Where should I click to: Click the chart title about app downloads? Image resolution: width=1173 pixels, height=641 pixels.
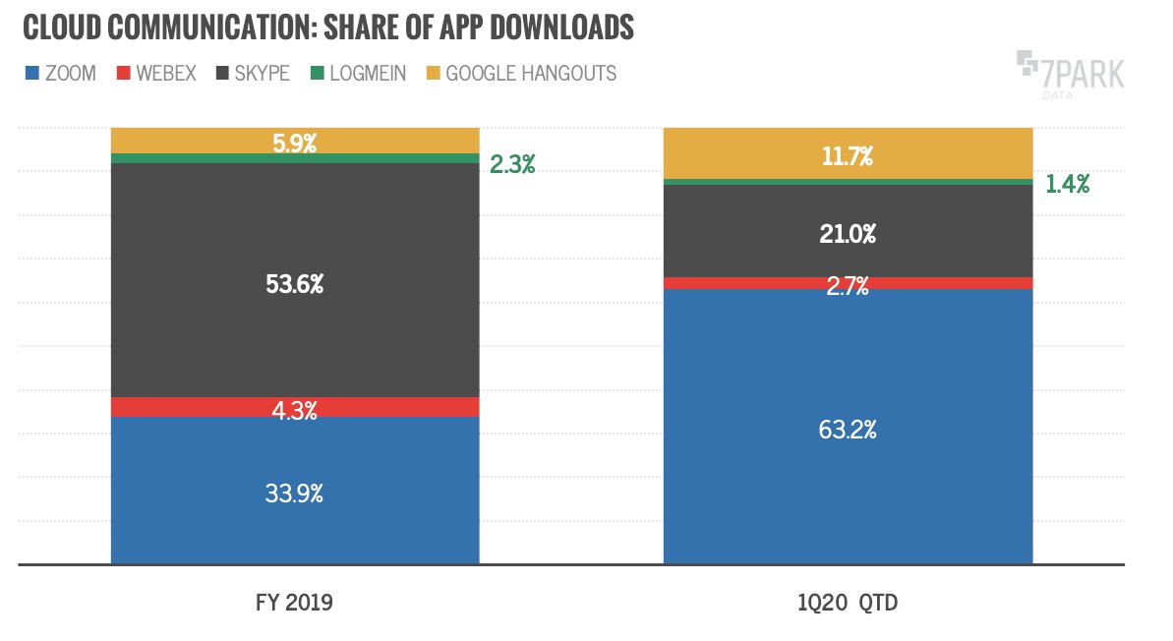pyautogui.click(x=328, y=29)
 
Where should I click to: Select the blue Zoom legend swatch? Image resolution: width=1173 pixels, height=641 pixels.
pyautogui.click(x=31, y=74)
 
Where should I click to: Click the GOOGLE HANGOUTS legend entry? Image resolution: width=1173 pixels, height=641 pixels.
pyautogui.click(x=531, y=74)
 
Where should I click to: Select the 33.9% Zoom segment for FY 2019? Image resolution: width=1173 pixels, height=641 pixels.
pyautogui.click(x=294, y=491)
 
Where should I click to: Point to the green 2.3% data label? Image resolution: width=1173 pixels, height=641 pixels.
pyautogui.click(x=512, y=165)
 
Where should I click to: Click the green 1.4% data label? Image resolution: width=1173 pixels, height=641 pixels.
pyautogui.click(x=1067, y=184)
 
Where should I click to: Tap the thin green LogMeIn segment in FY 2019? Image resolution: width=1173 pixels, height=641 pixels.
pyautogui.click(x=294, y=158)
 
